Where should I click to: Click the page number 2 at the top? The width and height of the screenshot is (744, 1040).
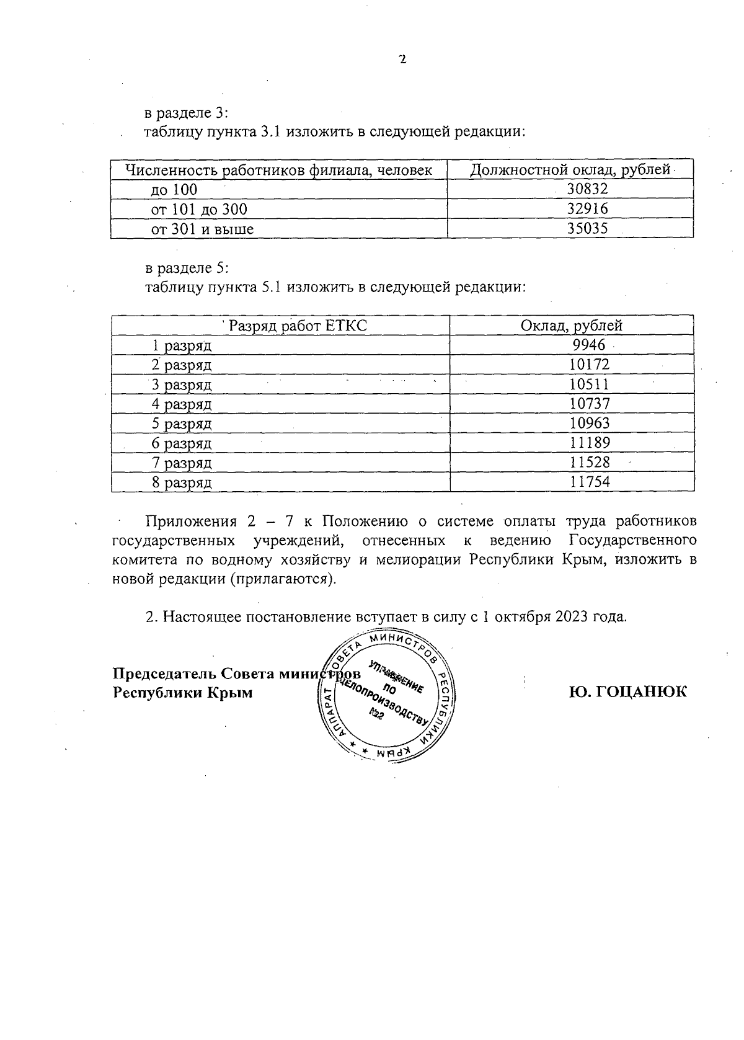coord(402,60)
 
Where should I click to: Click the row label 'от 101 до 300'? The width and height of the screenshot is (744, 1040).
coord(199,210)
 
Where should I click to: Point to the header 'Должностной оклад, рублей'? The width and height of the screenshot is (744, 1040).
coord(570,170)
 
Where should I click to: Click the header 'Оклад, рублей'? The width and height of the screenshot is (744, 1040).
coord(572,326)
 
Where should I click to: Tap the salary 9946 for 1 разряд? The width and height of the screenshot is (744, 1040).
coord(589,345)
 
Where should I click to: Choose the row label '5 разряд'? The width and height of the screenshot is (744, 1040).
coord(182,424)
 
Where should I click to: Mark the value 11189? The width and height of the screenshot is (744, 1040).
coord(590,443)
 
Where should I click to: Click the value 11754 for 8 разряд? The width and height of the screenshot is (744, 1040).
coord(590,482)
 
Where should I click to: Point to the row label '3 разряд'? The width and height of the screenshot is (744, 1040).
coord(182,385)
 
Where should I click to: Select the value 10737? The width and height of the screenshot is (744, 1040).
coord(590,404)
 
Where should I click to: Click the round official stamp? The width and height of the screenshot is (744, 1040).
coord(389,696)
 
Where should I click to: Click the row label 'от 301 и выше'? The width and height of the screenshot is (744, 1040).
coord(203,229)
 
